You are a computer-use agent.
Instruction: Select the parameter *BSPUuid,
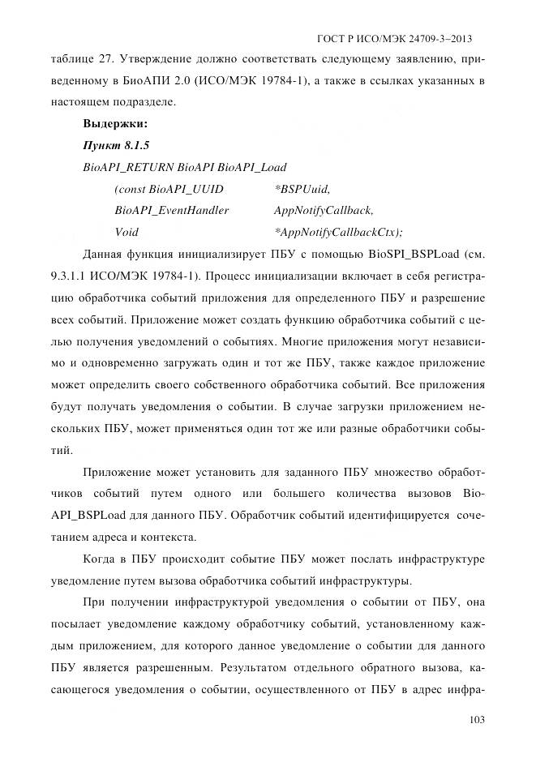[302, 189]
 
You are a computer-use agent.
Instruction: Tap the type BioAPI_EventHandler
[172, 210]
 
